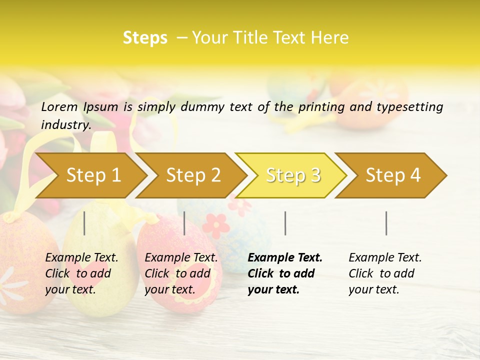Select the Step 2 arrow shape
[x=193, y=175]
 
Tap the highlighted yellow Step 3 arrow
[x=293, y=175]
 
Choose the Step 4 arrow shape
[x=393, y=175]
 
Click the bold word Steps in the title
[x=145, y=38]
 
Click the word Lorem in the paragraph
[x=59, y=106]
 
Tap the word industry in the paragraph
[x=66, y=125]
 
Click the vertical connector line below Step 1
[x=84, y=223]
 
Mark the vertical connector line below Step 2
[x=184, y=223]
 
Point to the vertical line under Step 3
[x=285, y=223]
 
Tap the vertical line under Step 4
[x=386, y=223]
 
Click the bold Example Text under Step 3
[x=285, y=257]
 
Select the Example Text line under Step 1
[x=81, y=257]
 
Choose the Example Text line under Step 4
[x=385, y=257]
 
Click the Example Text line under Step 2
[x=181, y=257]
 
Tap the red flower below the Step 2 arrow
[x=215, y=224]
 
